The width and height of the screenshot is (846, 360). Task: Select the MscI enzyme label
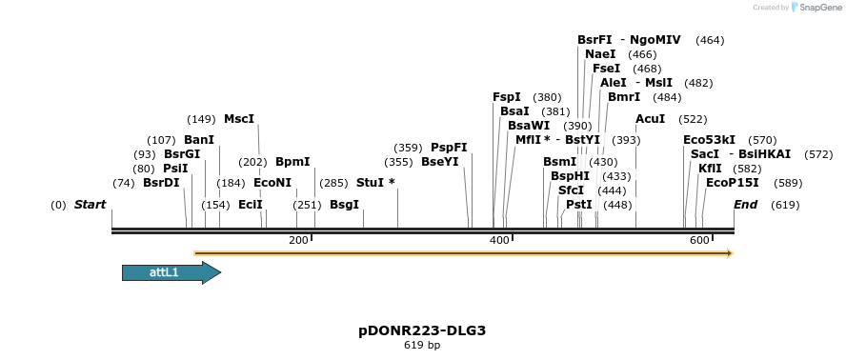tap(239, 119)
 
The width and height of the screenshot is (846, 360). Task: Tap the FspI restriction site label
tap(507, 97)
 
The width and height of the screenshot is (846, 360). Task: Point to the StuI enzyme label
tap(372, 182)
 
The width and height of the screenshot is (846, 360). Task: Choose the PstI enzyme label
tap(579, 205)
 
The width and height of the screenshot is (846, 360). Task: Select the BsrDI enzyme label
tap(161, 183)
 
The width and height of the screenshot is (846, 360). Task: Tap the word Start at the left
tap(90, 205)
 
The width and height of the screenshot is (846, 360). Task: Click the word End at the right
tap(745, 205)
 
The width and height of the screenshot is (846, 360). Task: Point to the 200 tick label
tap(298, 241)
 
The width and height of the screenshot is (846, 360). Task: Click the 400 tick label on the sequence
tap(499, 241)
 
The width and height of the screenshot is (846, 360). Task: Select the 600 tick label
tap(698, 241)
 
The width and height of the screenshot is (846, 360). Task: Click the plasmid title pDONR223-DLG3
tap(422, 330)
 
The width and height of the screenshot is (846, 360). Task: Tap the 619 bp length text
tap(422, 345)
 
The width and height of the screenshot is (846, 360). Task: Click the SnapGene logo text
tap(816, 8)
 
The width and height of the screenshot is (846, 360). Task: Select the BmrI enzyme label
tap(624, 97)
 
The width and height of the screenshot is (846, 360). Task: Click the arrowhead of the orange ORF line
tap(729, 253)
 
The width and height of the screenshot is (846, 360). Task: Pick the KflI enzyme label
tap(710, 169)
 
